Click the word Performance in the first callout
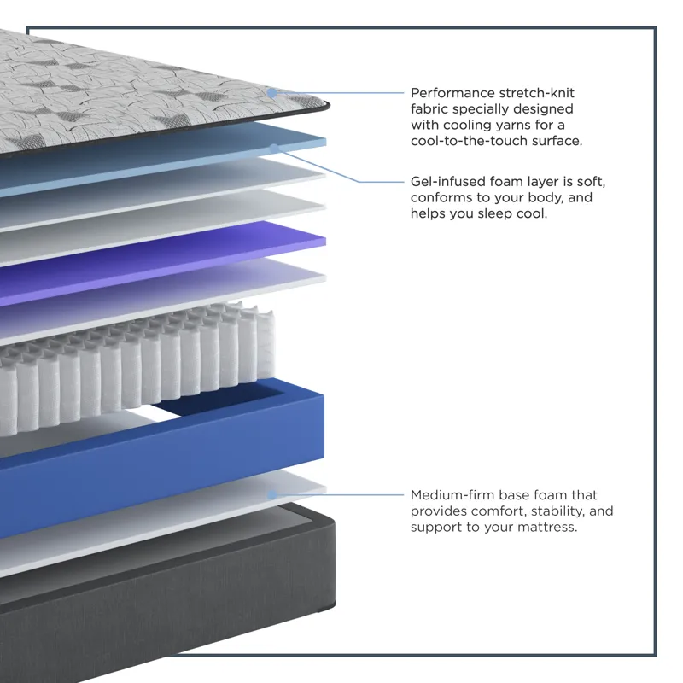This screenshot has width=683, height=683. coord(452,93)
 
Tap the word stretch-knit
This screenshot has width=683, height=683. coord(537,93)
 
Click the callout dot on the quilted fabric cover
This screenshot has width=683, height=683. coord(271,93)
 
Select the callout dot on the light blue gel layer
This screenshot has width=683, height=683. coord(274,149)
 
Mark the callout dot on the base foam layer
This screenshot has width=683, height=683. coord(272,495)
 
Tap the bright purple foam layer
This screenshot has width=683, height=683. coord(161,262)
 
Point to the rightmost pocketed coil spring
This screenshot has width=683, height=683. coord(266,347)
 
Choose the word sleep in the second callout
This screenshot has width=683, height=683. coord(494,214)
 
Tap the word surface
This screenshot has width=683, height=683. coord(557,141)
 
